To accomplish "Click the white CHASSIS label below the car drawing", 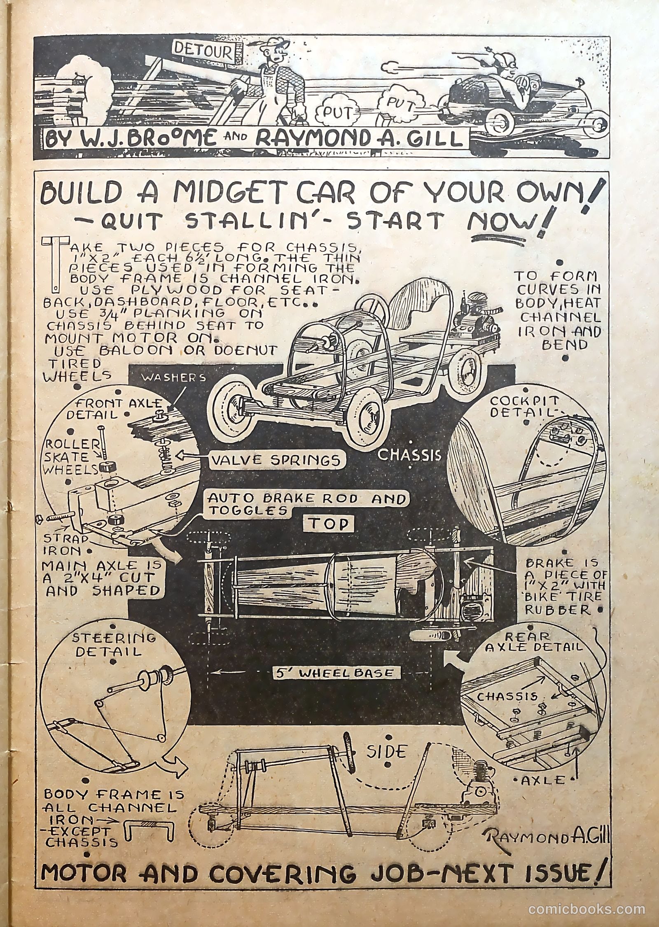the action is coord(409,455).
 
